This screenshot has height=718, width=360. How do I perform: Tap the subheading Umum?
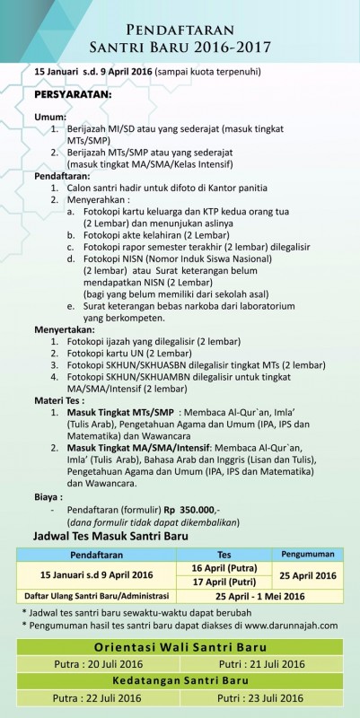coord(50,118)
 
